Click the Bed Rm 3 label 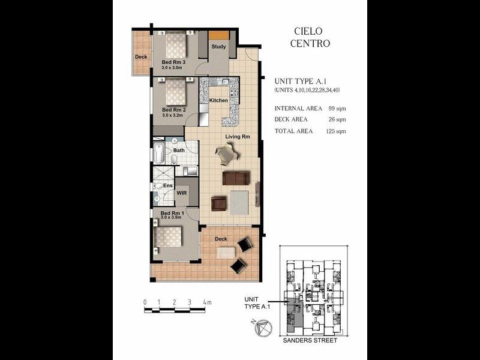tap(173, 62)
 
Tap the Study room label tap(218, 47)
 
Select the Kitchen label tap(218, 100)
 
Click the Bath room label tap(179, 150)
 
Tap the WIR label tap(182, 193)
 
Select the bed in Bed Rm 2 tap(175, 93)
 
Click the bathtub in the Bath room tap(159, 153)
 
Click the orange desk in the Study tap(218, 35)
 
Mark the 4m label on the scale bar tap(207, 302)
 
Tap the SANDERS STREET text tap(309, 340)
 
